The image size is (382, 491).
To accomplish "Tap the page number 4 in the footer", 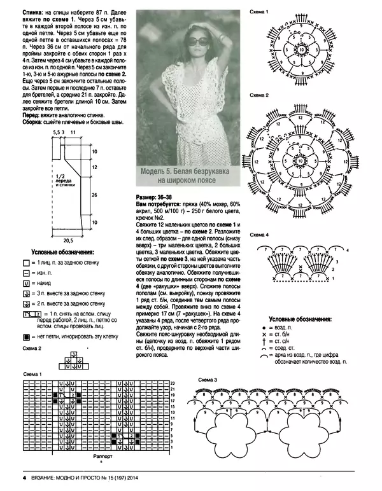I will click(x=24, y=478).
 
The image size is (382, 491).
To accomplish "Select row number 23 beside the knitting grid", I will click(x=172, y=382).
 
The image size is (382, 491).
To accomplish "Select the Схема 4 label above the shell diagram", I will click(x=259, y=235).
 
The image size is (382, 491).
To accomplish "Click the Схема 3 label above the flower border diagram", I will click(x=208, y=380).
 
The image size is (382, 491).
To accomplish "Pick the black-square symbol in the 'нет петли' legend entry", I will click(x=26, y=336).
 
